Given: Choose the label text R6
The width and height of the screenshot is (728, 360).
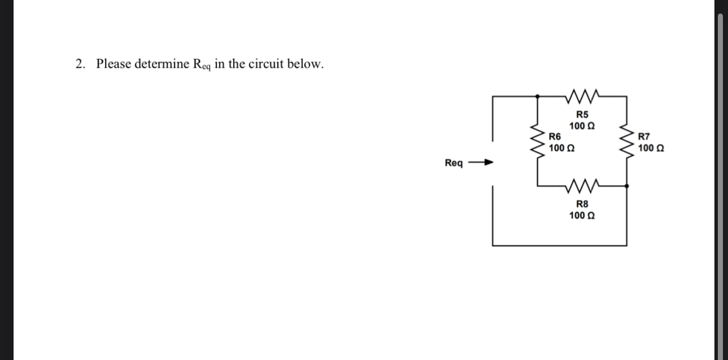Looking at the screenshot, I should [x=555, y=137].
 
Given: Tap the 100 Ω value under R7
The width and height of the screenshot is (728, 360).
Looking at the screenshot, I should [x=651, y=148].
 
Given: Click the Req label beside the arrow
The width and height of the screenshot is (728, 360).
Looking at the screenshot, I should [x=454, y=164].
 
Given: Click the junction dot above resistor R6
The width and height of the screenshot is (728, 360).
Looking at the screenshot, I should [x=537, y=96].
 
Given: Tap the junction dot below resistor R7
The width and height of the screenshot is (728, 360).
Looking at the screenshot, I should [x=626, y=185].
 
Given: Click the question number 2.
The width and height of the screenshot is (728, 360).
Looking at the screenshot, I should [x=79, y=64].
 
